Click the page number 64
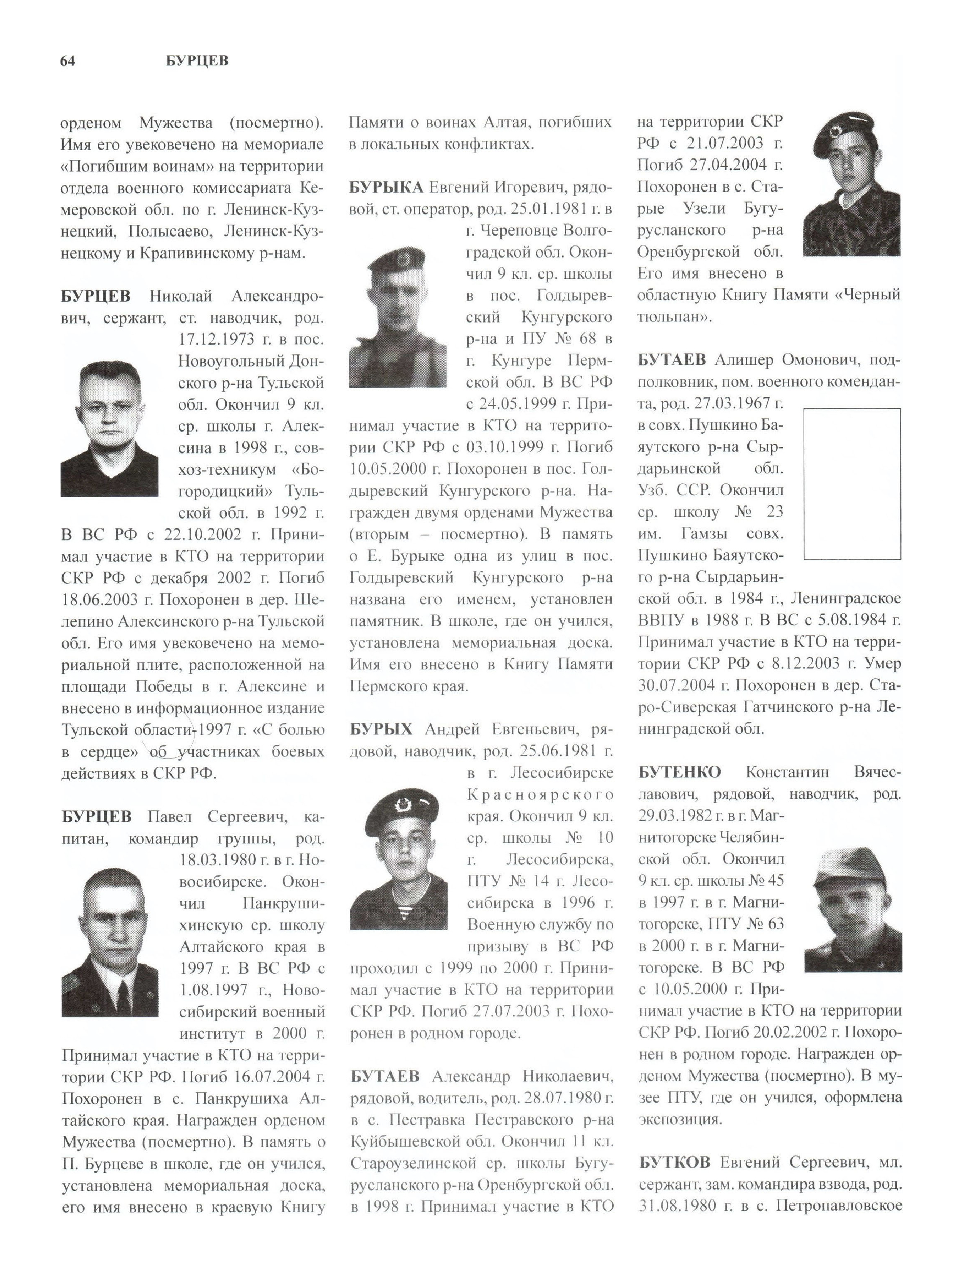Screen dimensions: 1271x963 coord(67,61)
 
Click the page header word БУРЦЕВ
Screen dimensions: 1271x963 coord(197,61)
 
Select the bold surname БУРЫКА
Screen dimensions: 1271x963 coord(386,187)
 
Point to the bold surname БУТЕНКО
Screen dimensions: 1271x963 coord(679,772)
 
